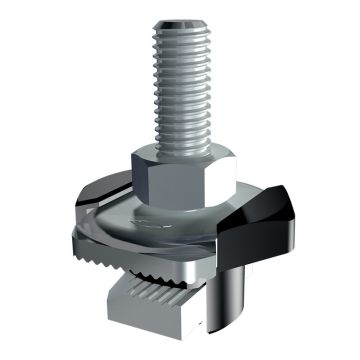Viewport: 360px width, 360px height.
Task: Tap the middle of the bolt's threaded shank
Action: tap(181, 85)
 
